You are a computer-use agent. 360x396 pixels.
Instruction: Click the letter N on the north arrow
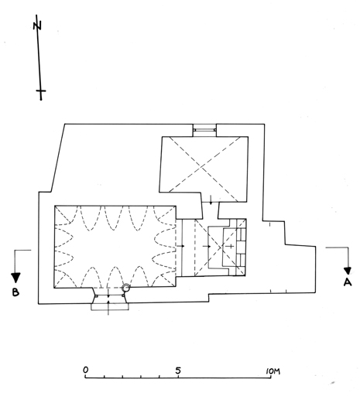coord(37,26)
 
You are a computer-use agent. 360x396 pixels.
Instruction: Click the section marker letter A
coord(348,282)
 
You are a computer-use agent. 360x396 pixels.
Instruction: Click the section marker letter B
coord(15,292)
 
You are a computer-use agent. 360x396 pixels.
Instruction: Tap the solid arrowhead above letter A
coord(348,271)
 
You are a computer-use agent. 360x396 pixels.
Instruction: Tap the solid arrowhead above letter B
coord(15,278)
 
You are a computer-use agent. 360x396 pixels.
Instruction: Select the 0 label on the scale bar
coord(85,370)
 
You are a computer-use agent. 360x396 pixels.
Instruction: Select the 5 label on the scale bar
coord(178,370)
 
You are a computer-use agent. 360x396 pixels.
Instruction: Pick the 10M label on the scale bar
coord(273,371)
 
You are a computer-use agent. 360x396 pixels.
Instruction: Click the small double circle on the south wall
coord(126,288)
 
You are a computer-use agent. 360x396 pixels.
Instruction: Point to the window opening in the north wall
coord(204,130)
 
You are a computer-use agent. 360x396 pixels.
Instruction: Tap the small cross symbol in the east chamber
coord(231,246)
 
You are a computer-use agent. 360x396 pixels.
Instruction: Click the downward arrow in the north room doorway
coord(211,200)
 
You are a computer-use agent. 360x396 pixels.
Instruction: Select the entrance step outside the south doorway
coord(110,306)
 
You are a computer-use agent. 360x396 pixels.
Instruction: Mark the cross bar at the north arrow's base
coord(41,90)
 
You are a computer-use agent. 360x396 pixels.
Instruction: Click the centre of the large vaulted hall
coord(115,247)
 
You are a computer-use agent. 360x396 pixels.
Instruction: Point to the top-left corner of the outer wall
coord(65,124)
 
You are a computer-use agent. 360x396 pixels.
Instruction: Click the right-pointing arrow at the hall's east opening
coord(180,246)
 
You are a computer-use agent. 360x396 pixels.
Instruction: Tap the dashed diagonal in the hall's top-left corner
coord(63,214)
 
